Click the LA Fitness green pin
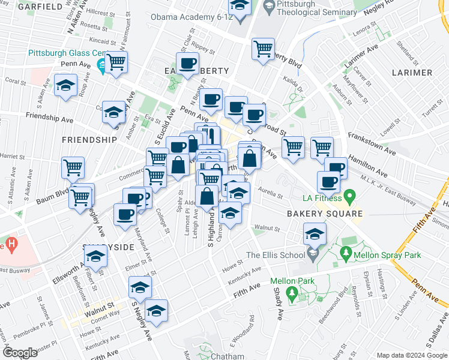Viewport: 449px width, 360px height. click(x=352, y=196)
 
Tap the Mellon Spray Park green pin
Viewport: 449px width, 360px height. click(x=345, y=255)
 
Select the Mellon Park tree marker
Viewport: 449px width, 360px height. click(x=292, y=294)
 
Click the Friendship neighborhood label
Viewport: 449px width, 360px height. click(x=89, y=139)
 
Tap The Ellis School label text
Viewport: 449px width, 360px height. click(x=277, y=255)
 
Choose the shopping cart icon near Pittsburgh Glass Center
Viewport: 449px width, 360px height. click(x=116, y=60)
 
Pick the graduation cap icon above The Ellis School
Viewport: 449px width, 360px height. click(x=314, y=233)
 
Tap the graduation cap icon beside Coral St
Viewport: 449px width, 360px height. click(x=65, y=85)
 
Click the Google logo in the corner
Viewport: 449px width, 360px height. click(x=20, y=352)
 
